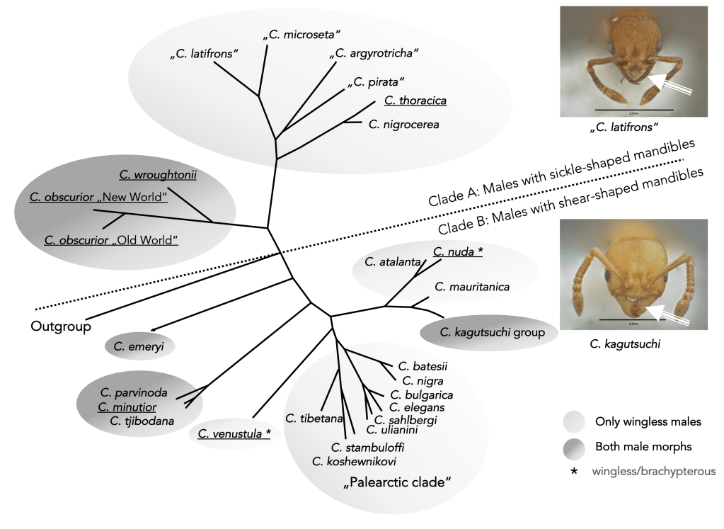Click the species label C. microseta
pos(302,34)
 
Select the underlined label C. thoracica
pos(415,101)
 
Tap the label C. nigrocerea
pos(404,125)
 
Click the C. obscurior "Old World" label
pos(111,240)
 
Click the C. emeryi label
pos(139,346)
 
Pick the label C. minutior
pos(127,406)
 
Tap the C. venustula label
pos(234,433)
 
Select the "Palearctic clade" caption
pos(396,483)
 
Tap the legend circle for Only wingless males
pos(576,421)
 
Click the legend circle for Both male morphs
pos(576,446)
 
